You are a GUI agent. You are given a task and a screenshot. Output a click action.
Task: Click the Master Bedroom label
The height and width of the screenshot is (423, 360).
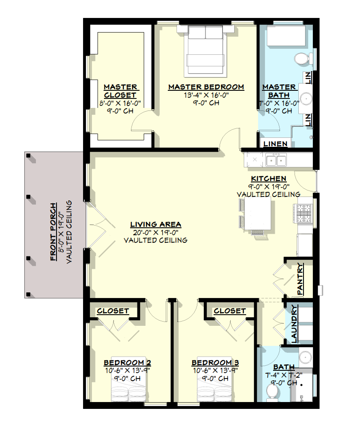pos(206,87)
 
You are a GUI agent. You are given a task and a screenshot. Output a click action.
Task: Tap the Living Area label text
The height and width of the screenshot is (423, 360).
pos(155,224)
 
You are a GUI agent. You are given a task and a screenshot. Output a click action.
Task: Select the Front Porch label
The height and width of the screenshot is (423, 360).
pos(54,232)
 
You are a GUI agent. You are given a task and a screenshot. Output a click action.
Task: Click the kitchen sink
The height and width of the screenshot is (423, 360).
pos(276,161)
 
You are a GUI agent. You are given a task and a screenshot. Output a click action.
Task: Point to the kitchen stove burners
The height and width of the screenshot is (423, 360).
pos(304,213)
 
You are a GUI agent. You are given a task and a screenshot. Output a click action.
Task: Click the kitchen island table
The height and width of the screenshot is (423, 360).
pos(258,214)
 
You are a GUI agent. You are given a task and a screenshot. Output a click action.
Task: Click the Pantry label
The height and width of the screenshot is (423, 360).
pos(300,279)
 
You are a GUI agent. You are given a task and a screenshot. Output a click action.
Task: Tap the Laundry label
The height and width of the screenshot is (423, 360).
pos(294,324)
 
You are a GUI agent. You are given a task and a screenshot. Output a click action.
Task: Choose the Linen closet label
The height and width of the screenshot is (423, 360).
pos(275,144)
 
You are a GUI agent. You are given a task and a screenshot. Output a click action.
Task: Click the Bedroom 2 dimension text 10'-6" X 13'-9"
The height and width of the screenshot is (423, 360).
pos(127,370)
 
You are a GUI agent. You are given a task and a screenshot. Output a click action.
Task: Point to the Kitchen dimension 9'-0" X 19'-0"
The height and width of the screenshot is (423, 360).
pos(268,186)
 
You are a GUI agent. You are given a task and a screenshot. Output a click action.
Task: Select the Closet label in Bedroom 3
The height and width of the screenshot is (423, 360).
pos(229,311)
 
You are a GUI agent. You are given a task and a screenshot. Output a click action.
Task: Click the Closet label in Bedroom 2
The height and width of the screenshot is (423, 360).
pos(113,311)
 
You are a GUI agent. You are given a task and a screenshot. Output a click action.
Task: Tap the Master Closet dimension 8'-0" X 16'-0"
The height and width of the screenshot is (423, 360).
pos(120,103)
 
